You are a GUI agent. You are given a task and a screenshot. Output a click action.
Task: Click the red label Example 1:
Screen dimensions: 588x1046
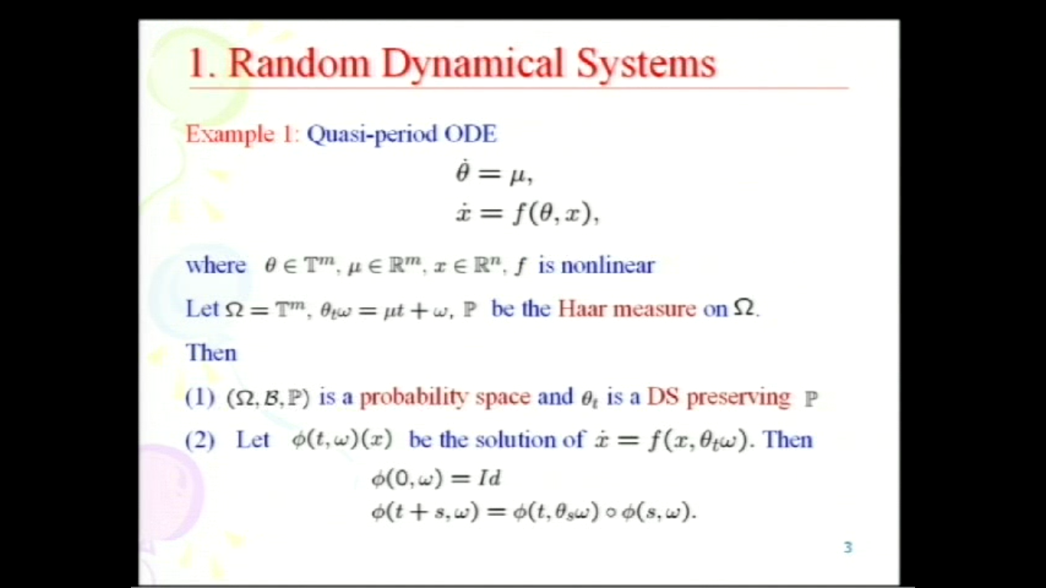[242, 135]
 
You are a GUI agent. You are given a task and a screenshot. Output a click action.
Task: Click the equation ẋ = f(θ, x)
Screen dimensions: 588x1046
[527, 214]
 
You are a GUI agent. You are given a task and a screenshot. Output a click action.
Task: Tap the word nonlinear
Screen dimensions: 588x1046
[607, 266]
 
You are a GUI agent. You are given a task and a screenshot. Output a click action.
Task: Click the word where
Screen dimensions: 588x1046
[216, 266]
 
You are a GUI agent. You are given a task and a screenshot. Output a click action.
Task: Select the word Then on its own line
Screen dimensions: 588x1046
[211, 353]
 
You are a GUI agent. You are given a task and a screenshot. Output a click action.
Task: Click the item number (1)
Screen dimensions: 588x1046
[200, 397]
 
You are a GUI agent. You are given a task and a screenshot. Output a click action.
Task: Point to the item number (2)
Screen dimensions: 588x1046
[200, 440]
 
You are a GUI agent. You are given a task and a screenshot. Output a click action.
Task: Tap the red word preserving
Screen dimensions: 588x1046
[738, 397]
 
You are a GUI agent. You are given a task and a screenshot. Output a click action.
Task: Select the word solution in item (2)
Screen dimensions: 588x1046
[508, 440]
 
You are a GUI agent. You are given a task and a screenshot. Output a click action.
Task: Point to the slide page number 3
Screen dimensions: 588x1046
[848, 547]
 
